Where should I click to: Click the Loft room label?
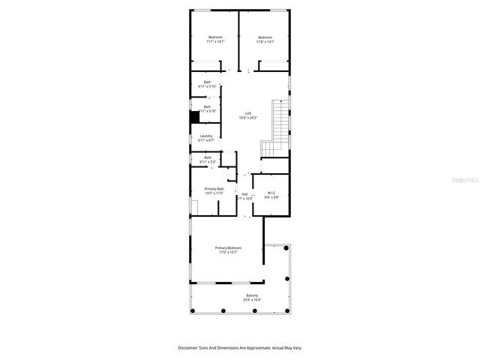pos(248,113)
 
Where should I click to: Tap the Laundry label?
pos(205,136)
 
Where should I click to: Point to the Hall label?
pos(244,194)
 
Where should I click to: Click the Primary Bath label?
pos(214,189)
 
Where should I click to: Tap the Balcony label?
pos(253,295)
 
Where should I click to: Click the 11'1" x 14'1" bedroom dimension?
pos(215,42)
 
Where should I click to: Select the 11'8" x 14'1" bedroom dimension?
pos(265,42)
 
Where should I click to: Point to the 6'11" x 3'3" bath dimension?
pos(207,161)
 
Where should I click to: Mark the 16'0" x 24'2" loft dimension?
pos(248,118)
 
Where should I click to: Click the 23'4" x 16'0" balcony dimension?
pos(253,300)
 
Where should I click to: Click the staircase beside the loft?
pos(279,124)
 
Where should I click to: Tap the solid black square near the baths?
pos(194,117)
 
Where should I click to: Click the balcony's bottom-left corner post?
pos(192,310)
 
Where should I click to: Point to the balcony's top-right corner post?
pos(286,247)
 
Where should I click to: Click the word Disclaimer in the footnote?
pos(187,348)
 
